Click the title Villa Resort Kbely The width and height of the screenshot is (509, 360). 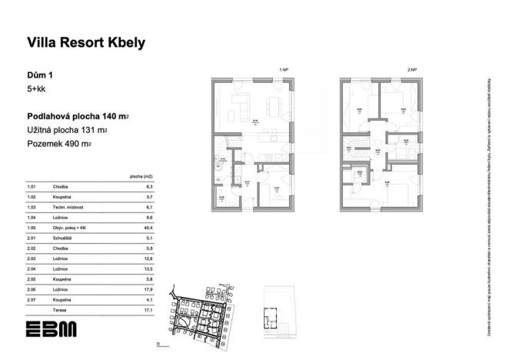click(86, 43)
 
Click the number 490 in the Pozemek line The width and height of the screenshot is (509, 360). click(88, 144)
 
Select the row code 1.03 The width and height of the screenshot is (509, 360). click(32, 208)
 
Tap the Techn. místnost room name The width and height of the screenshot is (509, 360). click(69, 208)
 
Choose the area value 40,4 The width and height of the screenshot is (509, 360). click(150, 228)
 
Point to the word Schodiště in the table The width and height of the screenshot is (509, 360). click(63, 238)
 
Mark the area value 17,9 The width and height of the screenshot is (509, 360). click(150, 289)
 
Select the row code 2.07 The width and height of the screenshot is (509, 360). click(32, 299)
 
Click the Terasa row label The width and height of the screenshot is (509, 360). click(61, 309)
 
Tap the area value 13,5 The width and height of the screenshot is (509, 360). click(150, 269)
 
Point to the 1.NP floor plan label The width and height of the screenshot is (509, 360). click(283, 70)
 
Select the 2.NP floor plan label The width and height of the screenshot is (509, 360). click(411, 70)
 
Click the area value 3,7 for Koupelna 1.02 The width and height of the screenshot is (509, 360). click(151, 198)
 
